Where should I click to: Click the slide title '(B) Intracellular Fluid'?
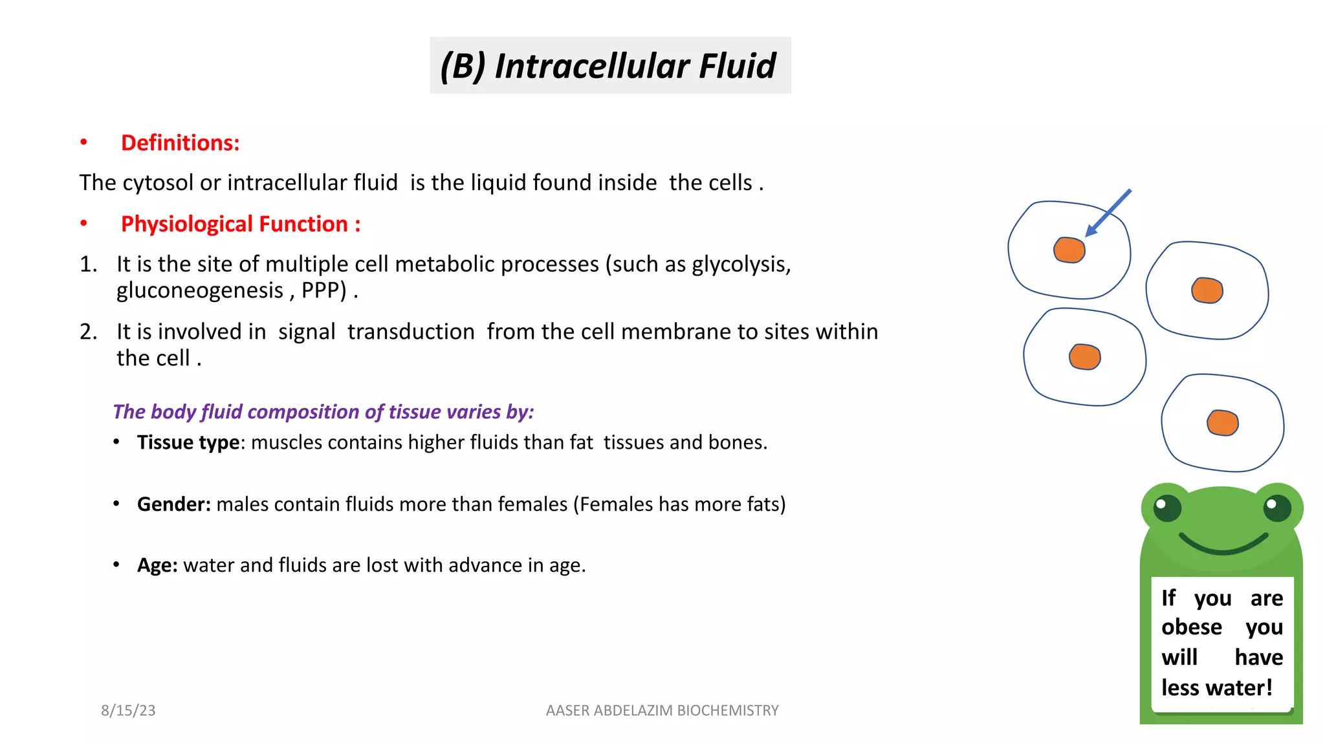608,66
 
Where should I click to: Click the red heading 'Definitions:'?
180,143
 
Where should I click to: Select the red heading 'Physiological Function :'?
240,224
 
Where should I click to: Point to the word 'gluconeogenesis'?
200,290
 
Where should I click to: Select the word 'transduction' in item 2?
411,332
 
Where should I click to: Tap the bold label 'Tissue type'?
188,442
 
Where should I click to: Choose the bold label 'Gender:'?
173,504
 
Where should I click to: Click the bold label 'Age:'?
157,565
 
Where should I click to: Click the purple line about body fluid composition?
323,412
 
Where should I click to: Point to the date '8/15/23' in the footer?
128,710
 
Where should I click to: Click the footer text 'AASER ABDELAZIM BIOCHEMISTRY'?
662,710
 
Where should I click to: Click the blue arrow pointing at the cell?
1109,212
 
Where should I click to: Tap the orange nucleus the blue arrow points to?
1069,250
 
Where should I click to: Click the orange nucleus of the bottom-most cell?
1222,423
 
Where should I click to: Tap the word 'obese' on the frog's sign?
1191,627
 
